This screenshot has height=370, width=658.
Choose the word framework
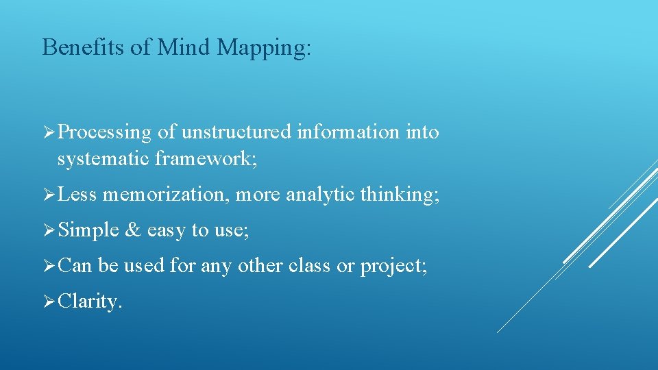point(206,159)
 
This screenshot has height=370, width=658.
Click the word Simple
point(88,231)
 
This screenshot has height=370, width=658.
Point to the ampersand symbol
point(132,231)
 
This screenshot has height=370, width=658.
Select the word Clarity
point(90,302)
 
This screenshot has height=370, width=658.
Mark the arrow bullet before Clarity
point(48,301)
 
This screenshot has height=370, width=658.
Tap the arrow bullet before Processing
point(48,132)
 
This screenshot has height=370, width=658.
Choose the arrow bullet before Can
point(48,266)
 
